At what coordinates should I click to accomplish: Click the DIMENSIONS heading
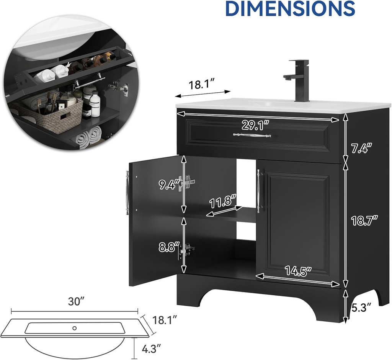click(x=290, y=8)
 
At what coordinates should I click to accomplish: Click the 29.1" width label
click(x=255, y=125)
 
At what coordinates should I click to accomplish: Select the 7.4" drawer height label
click(x=361, y=149)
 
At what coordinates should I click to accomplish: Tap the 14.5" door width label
click(x=299, y=271)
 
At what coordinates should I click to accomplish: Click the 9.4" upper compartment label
click(x=169, y=185)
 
